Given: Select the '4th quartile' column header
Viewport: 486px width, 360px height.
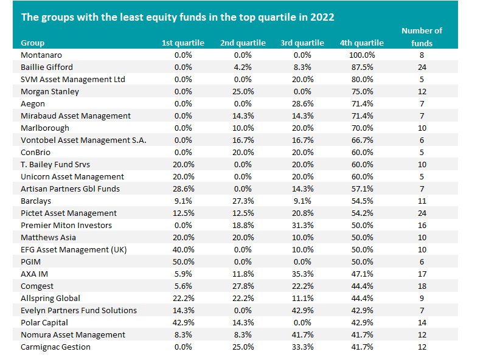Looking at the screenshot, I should click(362, 43).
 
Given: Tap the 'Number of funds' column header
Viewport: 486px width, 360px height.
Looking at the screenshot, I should click(422, 36).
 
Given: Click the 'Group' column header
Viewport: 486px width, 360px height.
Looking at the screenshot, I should click(33, 43).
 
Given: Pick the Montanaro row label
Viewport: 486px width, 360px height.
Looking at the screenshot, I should click(40, 55).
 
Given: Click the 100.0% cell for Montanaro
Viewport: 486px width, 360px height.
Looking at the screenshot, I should click(362, 55).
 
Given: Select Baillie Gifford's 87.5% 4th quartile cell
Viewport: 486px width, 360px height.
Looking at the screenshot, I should click(362, 67).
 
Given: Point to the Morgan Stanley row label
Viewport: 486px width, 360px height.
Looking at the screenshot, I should click(50, 91).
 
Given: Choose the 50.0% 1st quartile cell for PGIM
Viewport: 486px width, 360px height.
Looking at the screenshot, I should click(183, 261).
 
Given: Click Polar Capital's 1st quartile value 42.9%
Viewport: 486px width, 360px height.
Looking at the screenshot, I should click(183, 322).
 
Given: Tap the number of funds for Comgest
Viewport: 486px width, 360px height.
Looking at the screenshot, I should click(422, 286).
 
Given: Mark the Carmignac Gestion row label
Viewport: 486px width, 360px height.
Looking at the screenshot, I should click(55, 347).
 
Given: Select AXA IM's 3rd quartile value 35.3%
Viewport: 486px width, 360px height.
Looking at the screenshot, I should click(301, 274).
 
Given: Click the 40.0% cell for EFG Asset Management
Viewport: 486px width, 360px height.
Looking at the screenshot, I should click(183, 249).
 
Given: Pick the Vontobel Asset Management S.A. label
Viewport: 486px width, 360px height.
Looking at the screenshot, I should click(83, 140).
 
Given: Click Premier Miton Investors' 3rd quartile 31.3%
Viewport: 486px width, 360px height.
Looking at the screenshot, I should click(301, 225).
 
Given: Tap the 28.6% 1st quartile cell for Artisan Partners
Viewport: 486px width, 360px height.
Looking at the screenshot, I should click(183, 189).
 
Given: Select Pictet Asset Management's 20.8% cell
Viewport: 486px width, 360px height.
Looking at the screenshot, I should click(301, 213).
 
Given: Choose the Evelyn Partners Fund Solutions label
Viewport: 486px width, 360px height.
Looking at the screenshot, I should click(79, 310).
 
